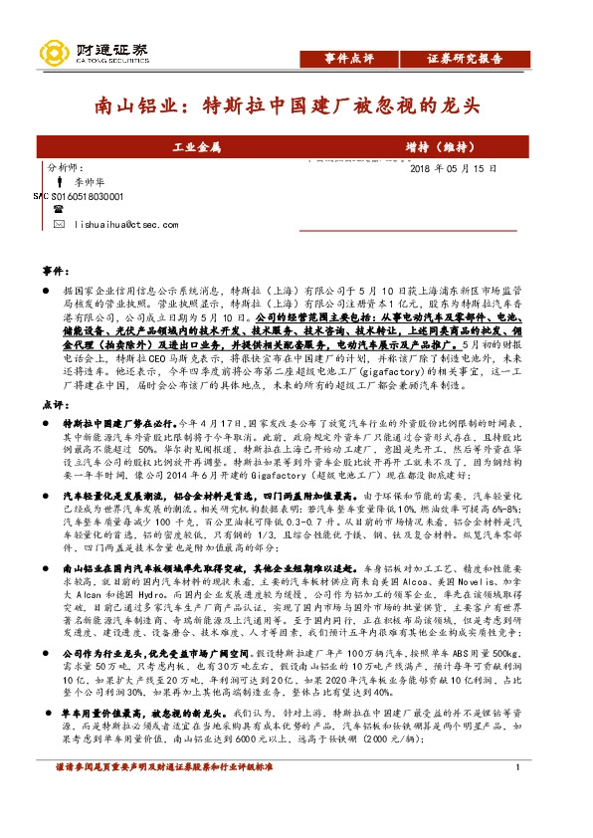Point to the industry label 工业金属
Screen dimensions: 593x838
(196, 147)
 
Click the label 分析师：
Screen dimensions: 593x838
(68, 168)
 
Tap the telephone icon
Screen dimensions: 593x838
(58, 211)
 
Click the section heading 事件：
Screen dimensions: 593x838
(56, 271)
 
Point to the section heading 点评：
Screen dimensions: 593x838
(56, 377)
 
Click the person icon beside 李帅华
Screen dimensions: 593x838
(61, 183)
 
